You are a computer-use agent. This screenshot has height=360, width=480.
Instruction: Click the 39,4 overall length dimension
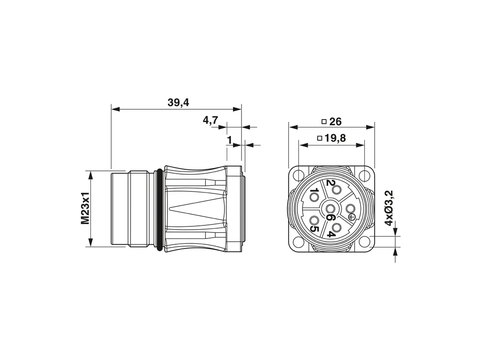tap(178, 103)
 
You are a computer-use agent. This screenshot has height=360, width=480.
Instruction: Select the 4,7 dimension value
tap(210, 120)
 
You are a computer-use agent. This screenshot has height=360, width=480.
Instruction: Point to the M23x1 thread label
tap(85, 208)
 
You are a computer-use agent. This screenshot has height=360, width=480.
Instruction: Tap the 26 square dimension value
tap(336, 122)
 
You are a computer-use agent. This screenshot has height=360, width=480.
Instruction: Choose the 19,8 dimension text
tap(335, 138)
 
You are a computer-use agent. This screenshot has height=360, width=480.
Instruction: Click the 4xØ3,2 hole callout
tap(389, 208)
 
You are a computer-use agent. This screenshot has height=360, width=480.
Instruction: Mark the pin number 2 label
tap(330, 183)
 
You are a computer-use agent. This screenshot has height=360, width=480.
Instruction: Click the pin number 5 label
tap(314, 229)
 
